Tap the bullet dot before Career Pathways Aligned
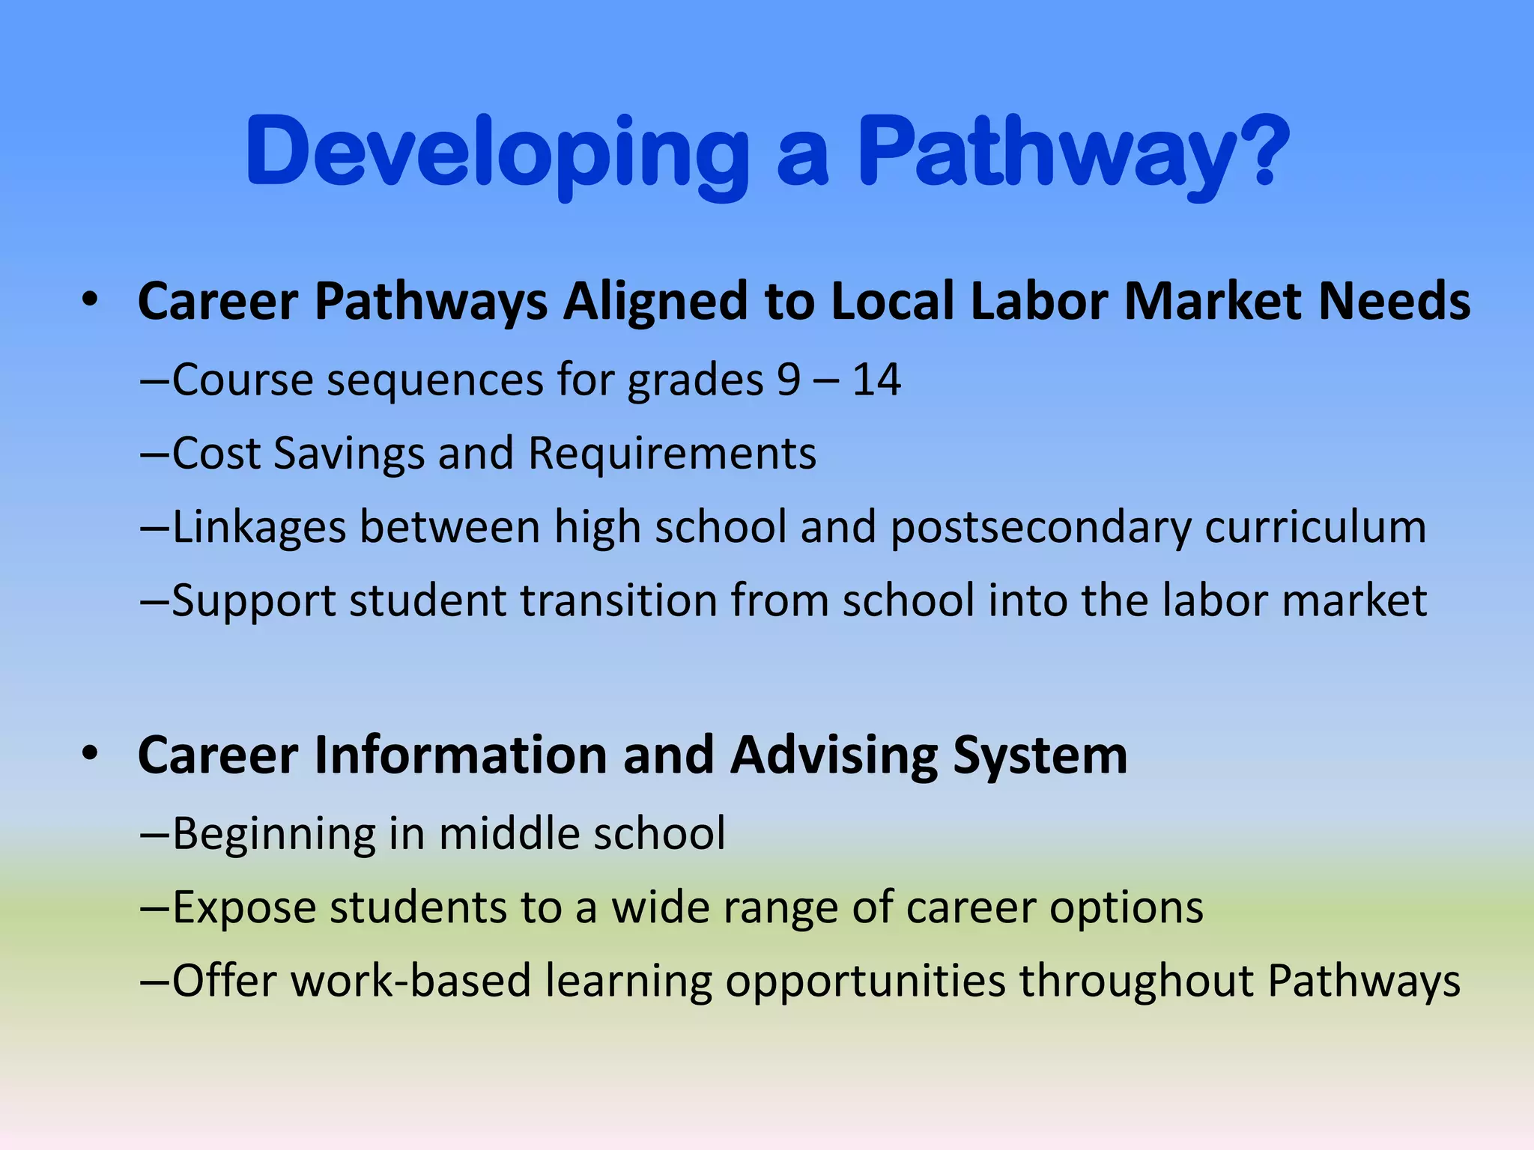(x=91, y=300)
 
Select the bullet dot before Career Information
(x=91, y=754)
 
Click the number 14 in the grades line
(x=876, y=380)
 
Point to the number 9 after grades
(x=789, y=380)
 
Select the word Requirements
(x=672, y=454)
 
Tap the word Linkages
(x=259, y=527)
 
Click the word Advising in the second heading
(x=834, y=756)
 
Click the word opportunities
(x=865, y=982)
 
